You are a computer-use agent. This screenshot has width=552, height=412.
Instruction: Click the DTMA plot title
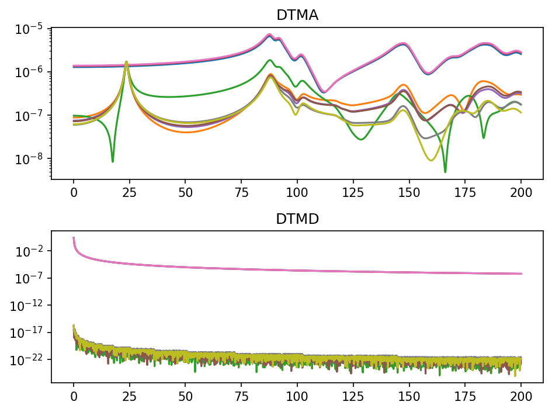(297, 15)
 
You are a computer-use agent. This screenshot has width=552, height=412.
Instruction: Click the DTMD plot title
(297, 219)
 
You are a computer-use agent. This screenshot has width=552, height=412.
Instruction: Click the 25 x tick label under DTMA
(129, 193)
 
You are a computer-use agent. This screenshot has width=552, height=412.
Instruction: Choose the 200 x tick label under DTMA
(521, 193)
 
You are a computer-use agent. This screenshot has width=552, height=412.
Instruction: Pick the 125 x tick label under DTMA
(353, 193)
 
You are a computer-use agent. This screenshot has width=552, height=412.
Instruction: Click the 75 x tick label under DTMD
(241, 396)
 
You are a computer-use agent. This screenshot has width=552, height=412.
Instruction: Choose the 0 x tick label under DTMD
(74, 396)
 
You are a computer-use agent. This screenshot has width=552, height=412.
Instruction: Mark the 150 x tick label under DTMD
(409, 396)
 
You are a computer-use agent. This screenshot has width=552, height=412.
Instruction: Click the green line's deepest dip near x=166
(445, 172)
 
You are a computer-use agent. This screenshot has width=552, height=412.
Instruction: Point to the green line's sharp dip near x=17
(113, 162)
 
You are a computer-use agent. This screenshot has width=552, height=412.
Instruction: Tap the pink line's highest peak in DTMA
(270, 34)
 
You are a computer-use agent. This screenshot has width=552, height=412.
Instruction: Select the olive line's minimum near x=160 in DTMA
(431, 160)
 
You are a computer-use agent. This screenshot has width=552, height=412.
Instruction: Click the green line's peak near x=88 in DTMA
(270, 60)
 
